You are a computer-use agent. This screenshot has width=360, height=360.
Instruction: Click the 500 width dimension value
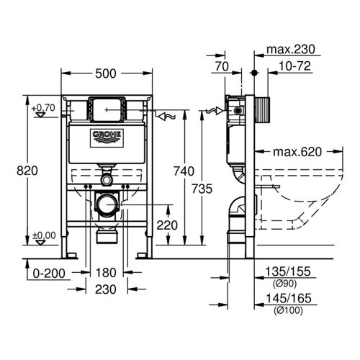(x=106, y=73)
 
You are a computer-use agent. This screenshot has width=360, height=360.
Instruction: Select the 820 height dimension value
(x=27, y=171)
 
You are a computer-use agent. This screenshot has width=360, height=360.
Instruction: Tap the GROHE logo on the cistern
(x=107, y=138)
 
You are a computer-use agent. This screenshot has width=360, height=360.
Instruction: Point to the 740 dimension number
(x=184, y=171)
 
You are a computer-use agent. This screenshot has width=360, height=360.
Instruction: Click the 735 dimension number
(x=202, y=189)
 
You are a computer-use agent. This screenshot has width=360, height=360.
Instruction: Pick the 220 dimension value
(x=167, y=225)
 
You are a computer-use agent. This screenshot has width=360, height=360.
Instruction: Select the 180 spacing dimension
(x=106, y=273)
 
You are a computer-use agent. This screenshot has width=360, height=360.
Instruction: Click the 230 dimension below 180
(x=106, y=289)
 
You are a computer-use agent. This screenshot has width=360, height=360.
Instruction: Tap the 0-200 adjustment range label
(x=49, y=274)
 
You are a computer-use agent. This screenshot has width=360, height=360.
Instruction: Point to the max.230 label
(x=291, y=50)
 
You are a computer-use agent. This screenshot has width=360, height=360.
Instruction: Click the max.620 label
(x=297, y=152)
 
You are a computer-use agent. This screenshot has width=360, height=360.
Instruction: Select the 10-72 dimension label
(x=294, y=66)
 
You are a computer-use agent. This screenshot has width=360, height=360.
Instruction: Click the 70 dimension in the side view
(x=222, y=66)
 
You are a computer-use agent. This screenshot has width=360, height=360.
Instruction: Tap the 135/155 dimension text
(x=288, y=271)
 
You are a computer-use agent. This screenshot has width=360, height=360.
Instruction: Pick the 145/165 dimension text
(x=289, y=298)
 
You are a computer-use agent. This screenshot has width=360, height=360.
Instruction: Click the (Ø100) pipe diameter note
(x=288, y=310)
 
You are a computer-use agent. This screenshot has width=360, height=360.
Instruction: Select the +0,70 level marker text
(x=43, y=108)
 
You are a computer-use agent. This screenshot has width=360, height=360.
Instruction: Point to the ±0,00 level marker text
(x=44, y=235)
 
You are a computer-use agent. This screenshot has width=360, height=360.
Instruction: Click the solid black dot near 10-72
(x=254, y=73)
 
